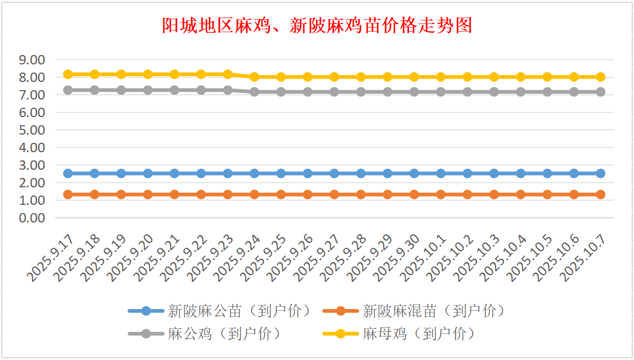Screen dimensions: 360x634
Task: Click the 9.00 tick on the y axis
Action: [32, 60]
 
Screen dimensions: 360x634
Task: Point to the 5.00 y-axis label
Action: [32, 130]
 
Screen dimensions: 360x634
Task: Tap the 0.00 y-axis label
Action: [32, 218]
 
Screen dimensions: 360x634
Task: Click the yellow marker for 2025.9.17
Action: [68, 74]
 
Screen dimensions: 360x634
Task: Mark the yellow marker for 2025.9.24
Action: [255, 77]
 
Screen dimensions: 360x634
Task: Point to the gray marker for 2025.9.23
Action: [228, 90]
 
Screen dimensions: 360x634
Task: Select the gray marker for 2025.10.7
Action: [601, 92]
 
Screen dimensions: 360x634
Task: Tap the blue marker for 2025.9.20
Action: [148, 173]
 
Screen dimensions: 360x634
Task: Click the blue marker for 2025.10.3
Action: [494, 173]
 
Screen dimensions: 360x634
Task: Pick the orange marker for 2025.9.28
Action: [361, 194]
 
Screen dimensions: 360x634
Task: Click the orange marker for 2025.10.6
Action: [574, 194]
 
